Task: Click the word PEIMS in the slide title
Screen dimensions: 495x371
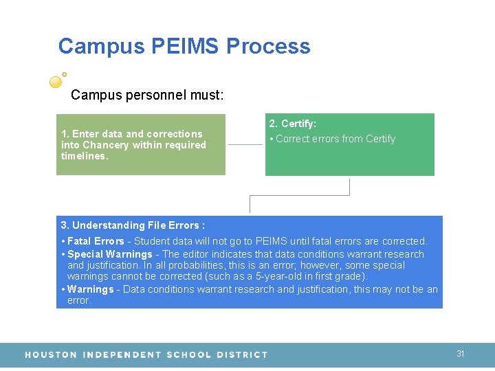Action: [185, 47]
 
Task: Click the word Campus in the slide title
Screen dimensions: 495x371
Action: [101, 47]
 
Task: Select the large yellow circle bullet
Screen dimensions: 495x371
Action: [56, 82]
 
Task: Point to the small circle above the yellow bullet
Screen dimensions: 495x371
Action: [65, 74]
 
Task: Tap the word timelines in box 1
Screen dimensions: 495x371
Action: [83, 156]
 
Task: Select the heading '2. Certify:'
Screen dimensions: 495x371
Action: [293, 124]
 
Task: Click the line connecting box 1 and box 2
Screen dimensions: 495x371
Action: [245, 144]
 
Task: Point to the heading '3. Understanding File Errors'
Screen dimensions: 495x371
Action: [133, 225]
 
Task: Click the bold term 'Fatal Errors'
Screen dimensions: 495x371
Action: [96, 241]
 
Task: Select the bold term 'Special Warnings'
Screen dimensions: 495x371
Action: [110, 254]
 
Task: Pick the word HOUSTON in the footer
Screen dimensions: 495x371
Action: [51, 355]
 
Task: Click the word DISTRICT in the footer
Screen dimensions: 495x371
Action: [241, 355]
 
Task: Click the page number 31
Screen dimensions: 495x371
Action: [461, 354]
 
